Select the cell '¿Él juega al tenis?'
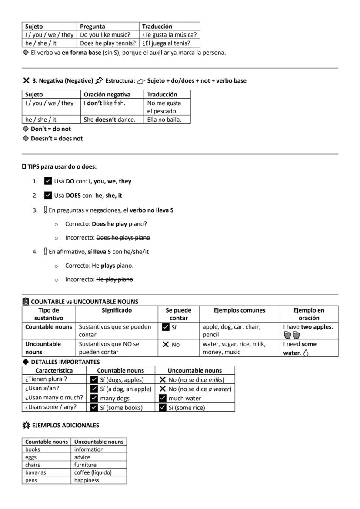170,43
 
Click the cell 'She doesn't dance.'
113,120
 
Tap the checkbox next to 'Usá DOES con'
48,196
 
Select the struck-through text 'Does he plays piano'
123,238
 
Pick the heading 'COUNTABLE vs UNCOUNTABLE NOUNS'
84,302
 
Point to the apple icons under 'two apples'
291,335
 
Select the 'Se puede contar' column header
178,314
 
